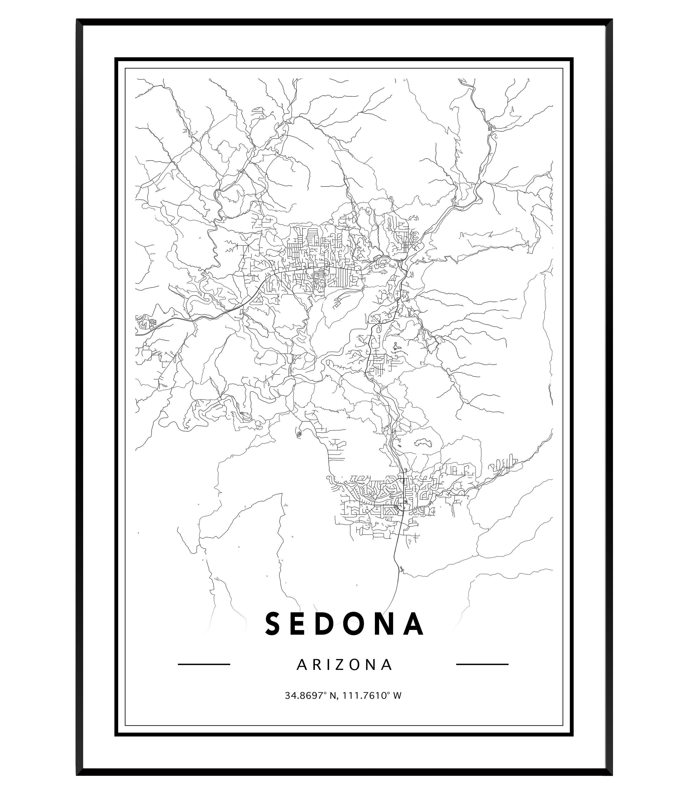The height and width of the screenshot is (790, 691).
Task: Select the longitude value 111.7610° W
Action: tap(372, 707)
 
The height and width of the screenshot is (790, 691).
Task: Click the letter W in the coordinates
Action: tap(398, 707)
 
